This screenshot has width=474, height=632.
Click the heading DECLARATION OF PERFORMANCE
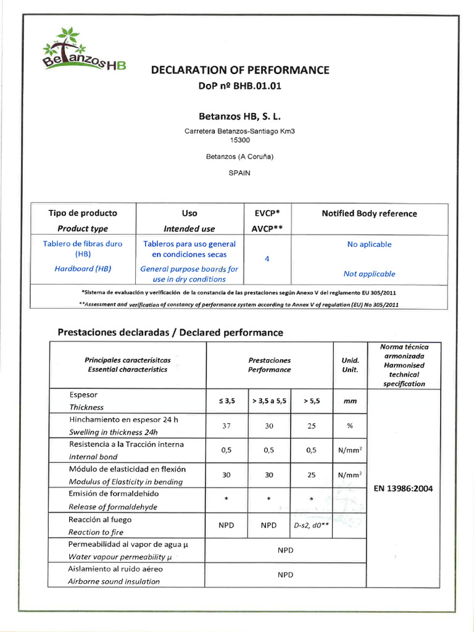click(x=240, y=70)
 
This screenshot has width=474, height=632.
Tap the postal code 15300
click(x=239, y=140)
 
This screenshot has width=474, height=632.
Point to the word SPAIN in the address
click(x=239, y=173)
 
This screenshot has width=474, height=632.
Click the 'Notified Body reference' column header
click(x=369, y=214)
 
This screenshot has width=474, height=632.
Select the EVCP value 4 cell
click(x=267, y=259)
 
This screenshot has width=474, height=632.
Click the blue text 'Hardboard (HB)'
click(x=82, y=268)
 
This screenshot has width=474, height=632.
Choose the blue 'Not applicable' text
click(x=369, y=273)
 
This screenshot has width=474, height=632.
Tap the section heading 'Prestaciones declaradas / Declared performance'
click(x=170, y=333)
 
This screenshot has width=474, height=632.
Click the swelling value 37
click(x=227, y=426)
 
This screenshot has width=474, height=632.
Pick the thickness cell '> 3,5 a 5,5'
click(x=269, y=401)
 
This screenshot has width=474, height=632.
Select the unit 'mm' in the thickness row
click(x=350, y=401)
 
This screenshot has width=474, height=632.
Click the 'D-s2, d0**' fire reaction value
click(x=312, y=526)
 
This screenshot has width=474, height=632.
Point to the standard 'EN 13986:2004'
click(x=404, y=488)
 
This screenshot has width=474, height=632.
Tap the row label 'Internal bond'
click(x=93, y=457)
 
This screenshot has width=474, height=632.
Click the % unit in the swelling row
click(x=350, y=426)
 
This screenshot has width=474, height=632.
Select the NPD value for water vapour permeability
click(x=286, y=550)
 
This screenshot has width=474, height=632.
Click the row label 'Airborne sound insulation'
click(x=114, y=581)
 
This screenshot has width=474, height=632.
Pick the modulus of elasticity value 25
click(x=312, y=475)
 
